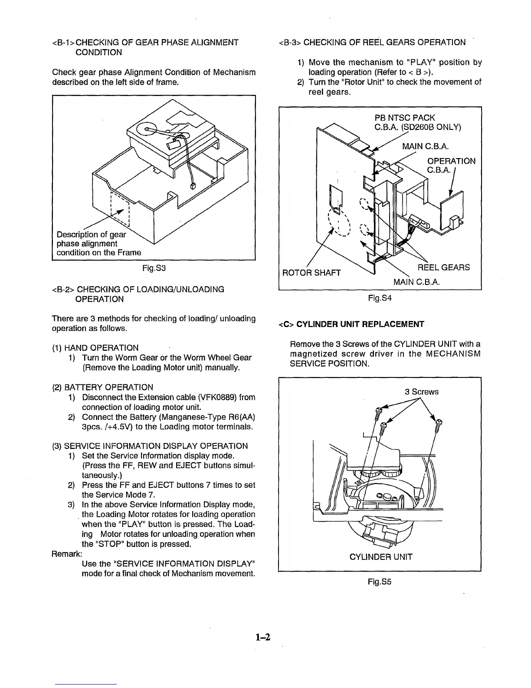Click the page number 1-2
click(263, 638)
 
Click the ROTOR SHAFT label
click(311, 273)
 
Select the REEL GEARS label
click(443, 268)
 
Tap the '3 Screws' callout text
click(421, 392)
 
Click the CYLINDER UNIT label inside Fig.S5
click(381, 557)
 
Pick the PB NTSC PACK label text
click(404, 118)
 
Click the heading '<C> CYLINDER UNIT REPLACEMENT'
click(351, 324)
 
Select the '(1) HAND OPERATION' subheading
click(95, 348)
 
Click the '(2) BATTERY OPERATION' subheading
click(102, 387)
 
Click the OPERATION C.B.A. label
click(451, 165)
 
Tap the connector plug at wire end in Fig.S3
click(193, 186)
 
